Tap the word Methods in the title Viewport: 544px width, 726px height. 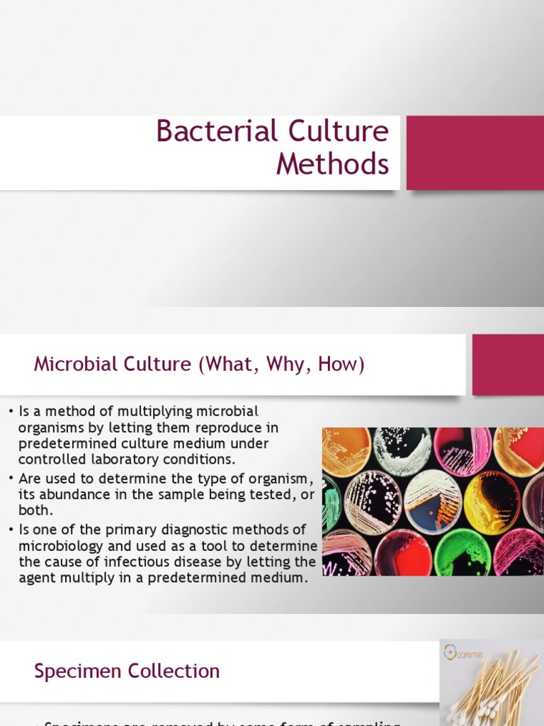(x=332, y=164)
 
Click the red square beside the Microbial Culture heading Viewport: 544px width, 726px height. (x=508, y=364)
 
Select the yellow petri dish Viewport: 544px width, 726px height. (x=492, y=502)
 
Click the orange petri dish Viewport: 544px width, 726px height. (x=346, y=451)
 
